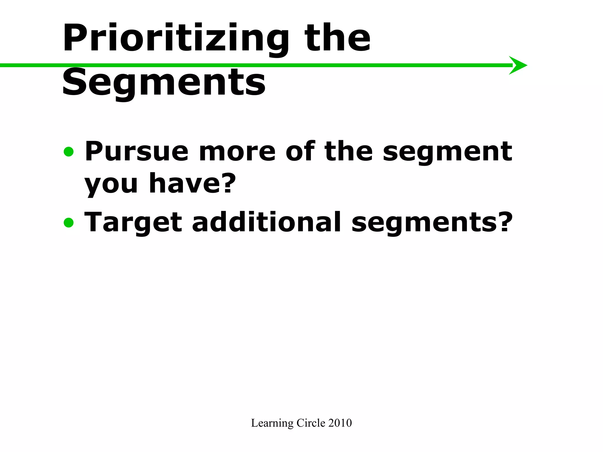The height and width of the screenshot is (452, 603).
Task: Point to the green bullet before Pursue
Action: [69, 152]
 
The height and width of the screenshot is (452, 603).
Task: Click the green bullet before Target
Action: [69, 222]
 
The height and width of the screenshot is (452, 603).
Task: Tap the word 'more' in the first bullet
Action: [237, 152]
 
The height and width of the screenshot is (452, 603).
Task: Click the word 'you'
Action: [111, 184]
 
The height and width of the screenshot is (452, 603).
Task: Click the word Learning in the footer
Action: [272, 423]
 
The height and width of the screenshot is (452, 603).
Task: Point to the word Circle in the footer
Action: [311, 423]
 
